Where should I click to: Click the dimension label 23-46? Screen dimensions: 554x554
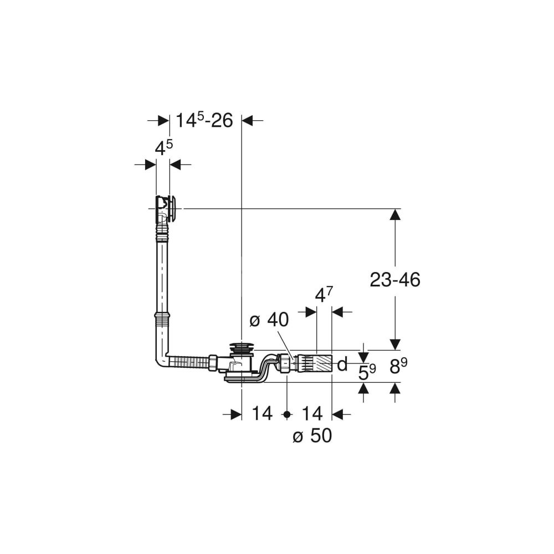coord(394,280)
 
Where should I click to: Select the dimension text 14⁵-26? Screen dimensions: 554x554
coord(204,120)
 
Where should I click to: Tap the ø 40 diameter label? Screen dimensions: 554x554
coord(269,320)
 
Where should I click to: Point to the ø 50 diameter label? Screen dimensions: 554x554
coord(312,435)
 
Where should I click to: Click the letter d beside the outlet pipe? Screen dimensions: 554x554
coord(342,364)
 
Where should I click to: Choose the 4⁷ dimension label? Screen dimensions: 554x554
coord(324,295)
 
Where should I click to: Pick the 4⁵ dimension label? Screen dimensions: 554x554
coord(164,148)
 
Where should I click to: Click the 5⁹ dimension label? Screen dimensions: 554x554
coord(367,372)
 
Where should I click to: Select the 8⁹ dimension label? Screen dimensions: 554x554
coord(398,366)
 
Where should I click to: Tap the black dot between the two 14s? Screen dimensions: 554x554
coord(287,414)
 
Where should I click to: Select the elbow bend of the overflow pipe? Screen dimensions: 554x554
coord(161,361)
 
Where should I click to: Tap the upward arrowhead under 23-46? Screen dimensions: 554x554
coord(394,214)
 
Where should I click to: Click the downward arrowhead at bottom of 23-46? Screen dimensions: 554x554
coord(394,345)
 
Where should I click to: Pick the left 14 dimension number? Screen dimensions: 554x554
coord(262,414)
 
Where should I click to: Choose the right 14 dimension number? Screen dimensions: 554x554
coord(312,414)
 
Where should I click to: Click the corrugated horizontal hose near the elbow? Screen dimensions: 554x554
coord(189,362)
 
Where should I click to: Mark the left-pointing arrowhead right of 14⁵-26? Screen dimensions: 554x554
coord(247,120)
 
